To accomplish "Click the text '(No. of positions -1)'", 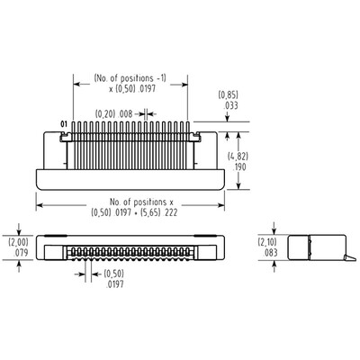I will [x=130, y=78].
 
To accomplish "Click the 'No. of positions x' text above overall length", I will [x=130, y=203].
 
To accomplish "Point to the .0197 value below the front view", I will [x=114, y=283].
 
